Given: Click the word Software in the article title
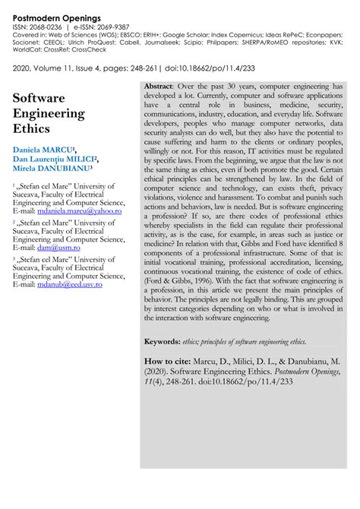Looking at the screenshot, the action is (x=39, y=98).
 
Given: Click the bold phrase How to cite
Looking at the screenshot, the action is (x=169, y=362).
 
